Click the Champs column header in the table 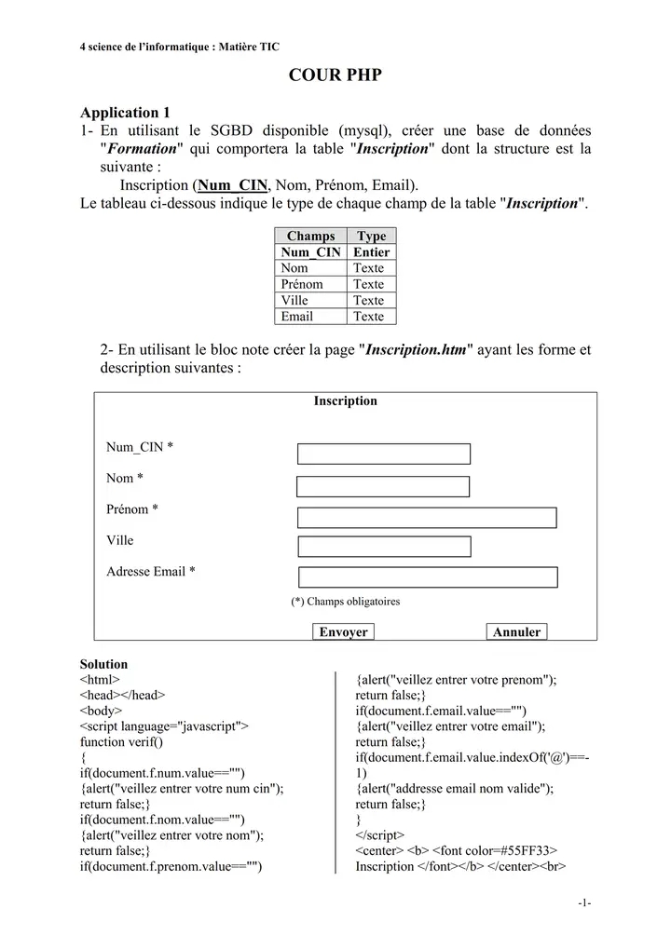coord(310,237)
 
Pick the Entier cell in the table coord(371,252)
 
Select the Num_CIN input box coord(384,454)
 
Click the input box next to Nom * coord(383,486)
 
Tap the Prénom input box coord(427,518)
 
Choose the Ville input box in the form coord(384,547)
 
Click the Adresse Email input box coord(428,577)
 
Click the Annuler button coord(516,632)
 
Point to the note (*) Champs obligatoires coord(346,602)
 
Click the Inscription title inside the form coord(345,401)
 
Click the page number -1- coord(584,902)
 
